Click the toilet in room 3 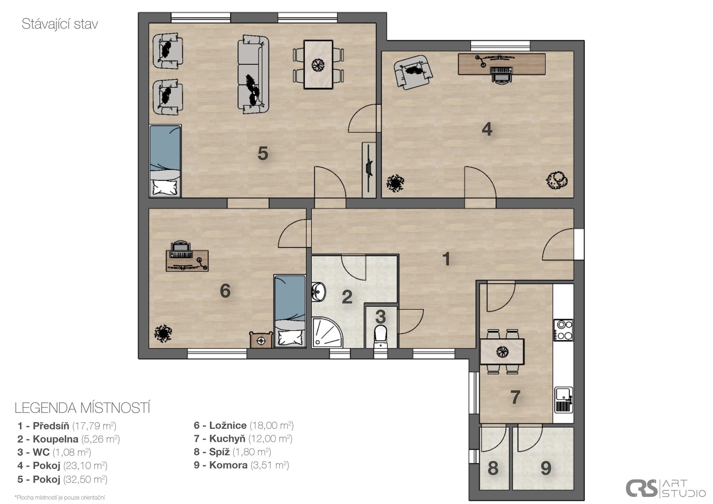point(381,336)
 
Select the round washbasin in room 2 point(318,291)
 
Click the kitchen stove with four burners point(563,330)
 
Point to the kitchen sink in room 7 point(564,400)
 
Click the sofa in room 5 point(253,74)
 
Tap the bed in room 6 point(290,311)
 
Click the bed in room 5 point(165,160)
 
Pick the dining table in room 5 point(318,65)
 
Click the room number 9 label point(546,468)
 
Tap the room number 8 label point(493,468)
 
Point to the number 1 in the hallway point(446,259)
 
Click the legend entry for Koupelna point(69,439)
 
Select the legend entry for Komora point(241,465)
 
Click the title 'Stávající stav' point(60,24)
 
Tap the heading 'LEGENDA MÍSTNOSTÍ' point(82,408)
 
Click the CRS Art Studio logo point(665,488)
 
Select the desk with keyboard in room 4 point(502,64)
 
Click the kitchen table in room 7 point(502,351)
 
